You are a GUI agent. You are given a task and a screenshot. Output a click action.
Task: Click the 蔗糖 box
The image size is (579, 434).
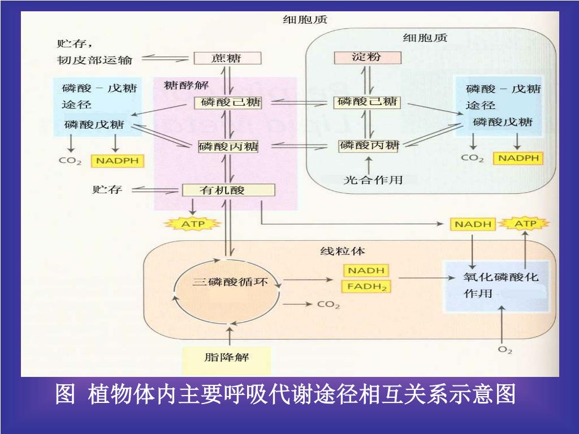227,58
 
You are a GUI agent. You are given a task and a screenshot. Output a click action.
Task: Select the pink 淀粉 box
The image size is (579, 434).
367,58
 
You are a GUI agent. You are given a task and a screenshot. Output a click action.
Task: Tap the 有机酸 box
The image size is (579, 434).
228,190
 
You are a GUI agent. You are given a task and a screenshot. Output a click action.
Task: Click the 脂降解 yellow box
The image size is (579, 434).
226,358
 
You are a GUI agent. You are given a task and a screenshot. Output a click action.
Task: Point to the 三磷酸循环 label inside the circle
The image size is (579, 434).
230,281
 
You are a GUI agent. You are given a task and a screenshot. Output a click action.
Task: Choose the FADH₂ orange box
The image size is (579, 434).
366,287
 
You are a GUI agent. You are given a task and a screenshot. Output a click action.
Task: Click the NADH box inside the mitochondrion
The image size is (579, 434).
366,271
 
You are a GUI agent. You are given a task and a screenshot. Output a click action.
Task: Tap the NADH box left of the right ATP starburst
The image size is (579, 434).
473,224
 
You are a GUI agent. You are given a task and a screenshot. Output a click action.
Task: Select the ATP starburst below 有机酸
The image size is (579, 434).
192,224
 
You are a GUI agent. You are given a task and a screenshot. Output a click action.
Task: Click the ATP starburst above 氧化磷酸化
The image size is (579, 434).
526,224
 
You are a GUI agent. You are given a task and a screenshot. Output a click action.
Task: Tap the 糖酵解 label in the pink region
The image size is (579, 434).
186,85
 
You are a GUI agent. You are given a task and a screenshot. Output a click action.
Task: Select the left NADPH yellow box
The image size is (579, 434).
117,161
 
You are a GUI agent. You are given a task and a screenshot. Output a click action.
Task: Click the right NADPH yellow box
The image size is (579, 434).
518,158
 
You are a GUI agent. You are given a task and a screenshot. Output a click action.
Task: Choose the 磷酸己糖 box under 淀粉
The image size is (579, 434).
367,102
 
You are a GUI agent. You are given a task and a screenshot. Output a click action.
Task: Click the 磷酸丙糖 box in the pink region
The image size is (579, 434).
228,146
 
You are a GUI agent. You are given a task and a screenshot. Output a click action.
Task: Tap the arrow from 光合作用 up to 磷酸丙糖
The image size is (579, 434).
369,164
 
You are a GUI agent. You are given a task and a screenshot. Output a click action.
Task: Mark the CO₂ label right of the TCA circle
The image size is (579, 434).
328,305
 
